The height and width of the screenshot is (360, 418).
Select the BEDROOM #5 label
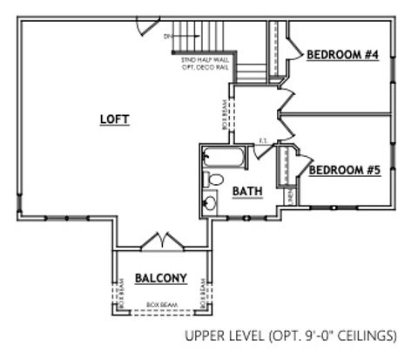pyautogui.click(x=345, y=170)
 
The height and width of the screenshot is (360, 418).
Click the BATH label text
pyautogui.click(x=247, y=191)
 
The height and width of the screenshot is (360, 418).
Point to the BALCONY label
pyautogui.click(x=161, y=278)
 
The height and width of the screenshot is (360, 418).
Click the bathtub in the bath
pyautogui.click(x=226, y=158)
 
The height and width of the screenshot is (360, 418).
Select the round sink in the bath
pyautogui.click(x=211, y=204)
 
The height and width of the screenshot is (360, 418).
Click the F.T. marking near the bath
pyautogui.click(x=264, y=140)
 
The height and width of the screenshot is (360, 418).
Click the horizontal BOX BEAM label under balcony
pyautogui.click(x=160, y=304)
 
